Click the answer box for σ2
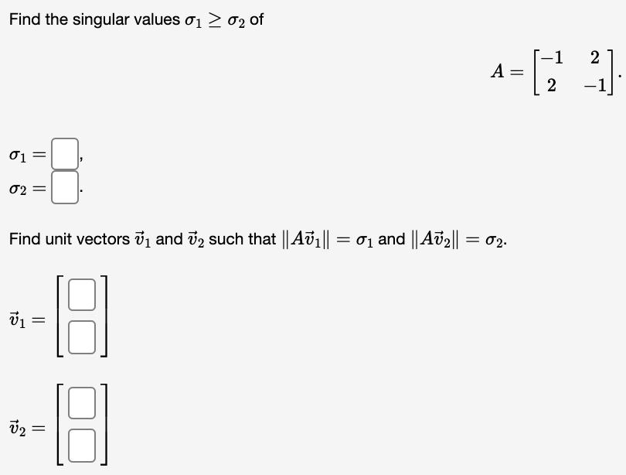(x=66, y=188)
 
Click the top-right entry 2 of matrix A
(x=594, y=57)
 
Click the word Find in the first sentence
(x=26, y=19)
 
